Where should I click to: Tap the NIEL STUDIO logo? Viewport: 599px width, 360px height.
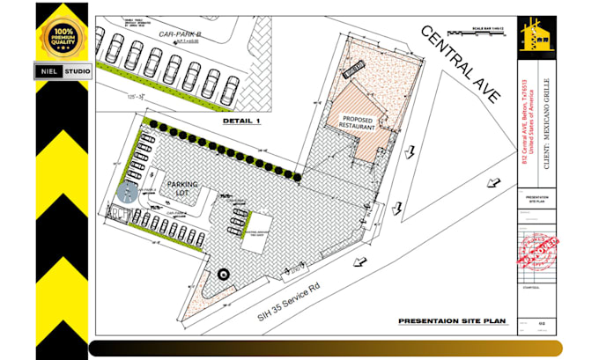tap(62, 70)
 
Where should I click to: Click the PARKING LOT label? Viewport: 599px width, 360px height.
tap(182, 189)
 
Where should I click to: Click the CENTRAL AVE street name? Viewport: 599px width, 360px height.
tap(461, 70)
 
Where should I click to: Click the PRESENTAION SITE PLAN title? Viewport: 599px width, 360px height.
tap(451, 321)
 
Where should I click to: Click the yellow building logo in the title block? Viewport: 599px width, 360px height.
tap(536, 34)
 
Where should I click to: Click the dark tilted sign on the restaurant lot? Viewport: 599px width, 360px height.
tap(354, 68)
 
